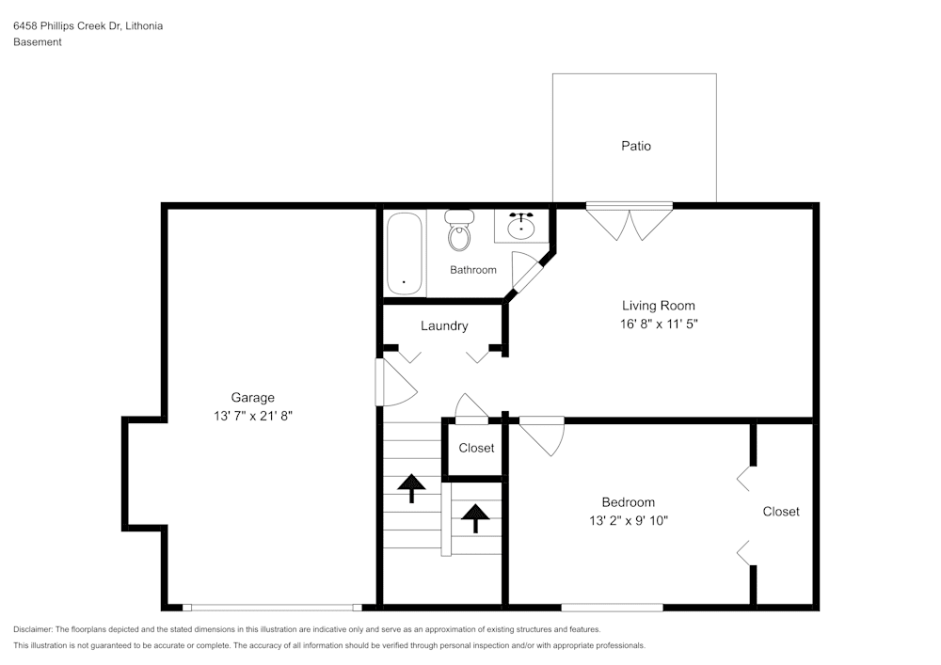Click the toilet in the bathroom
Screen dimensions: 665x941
coord(459,232)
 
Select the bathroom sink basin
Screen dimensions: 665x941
coord(520,226)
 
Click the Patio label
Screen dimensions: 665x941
coord(635,146)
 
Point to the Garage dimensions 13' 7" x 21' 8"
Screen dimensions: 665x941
coord(253,415)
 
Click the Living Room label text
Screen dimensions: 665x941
coord(658,306)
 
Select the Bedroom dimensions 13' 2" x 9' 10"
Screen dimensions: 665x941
coord(629,520)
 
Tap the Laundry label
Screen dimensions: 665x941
coord(444,326)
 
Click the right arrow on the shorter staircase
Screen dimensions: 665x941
coord(474,517)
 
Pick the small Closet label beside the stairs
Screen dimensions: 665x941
coord(476,448)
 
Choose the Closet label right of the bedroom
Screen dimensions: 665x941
coord(781,512)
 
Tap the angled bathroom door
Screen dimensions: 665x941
coord(527,275)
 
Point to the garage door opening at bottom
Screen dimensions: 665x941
coord(272,608)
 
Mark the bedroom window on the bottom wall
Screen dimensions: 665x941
coord(612,608)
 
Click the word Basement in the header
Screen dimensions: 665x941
coord(38,42)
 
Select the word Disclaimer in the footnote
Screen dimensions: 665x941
coord(33,629)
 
